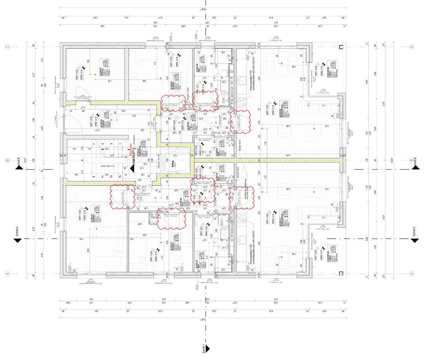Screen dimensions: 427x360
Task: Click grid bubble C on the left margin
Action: click(x=7, y=47)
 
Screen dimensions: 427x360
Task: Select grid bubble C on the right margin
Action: click(x=411, y=47)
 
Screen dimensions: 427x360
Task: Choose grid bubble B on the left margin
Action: click(x=7, y=160)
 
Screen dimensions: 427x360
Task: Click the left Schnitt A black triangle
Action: click(x=17, y=239)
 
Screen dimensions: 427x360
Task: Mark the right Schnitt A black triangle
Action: click(x=414, y=239)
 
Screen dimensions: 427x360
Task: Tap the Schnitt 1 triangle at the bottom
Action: click(x=207, y=348)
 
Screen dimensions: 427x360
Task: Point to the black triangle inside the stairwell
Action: click(x=132, y=168)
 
